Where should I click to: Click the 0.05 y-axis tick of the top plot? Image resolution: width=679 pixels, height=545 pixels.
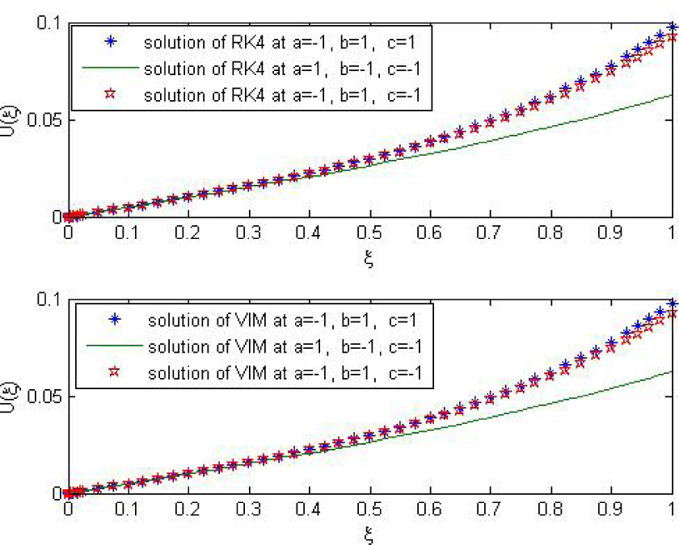tap(44, 120)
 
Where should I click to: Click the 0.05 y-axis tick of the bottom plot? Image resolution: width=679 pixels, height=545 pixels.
tap(44, 396)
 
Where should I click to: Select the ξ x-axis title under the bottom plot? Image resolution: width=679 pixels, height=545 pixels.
tap(370, 534)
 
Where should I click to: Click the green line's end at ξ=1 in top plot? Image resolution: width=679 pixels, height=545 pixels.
tap(672, 95)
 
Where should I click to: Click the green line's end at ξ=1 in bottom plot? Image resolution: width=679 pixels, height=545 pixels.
tap(672, 371)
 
